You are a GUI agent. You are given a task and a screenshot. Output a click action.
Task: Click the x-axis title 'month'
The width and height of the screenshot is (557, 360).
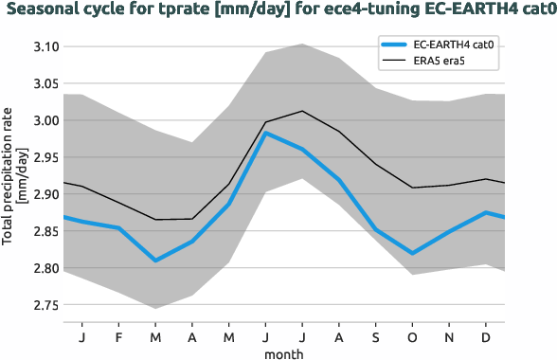[x=283, y=352]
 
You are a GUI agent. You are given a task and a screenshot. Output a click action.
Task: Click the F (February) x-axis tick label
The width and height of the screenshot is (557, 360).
[x=118, y=336]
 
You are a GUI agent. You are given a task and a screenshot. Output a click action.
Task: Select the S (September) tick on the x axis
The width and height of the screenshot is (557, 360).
[x=375, y=336]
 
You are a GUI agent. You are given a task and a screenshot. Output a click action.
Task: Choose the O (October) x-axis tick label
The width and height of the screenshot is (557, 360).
[x=412, y=336]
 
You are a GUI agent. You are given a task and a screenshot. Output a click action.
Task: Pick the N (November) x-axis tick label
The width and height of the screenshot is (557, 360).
[x=449, y=336]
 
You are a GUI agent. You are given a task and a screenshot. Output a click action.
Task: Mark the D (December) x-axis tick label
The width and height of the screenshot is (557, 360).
[x=486, y=336]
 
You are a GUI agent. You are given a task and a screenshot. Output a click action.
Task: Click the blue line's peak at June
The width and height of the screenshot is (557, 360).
[x=265, y=133]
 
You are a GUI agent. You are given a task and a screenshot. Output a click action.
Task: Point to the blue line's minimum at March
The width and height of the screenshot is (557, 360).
[x=155, y=261]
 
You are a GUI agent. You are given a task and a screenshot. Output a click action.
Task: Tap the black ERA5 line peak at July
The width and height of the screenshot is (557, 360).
[x=302, y=111]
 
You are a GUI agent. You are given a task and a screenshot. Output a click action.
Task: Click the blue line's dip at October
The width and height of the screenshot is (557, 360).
[x=412, y=253]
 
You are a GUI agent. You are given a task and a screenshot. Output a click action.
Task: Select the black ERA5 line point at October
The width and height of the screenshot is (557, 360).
[x=412, y=188]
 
